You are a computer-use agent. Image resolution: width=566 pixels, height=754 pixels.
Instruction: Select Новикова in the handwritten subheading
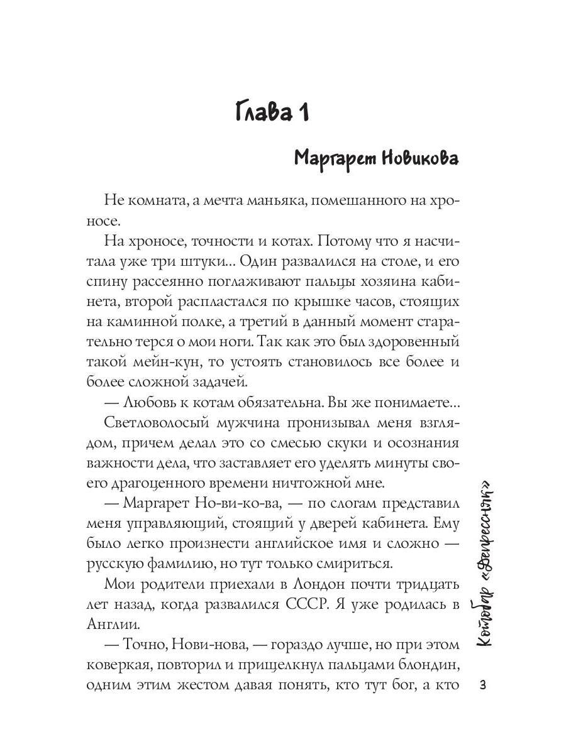click(418, 159)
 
